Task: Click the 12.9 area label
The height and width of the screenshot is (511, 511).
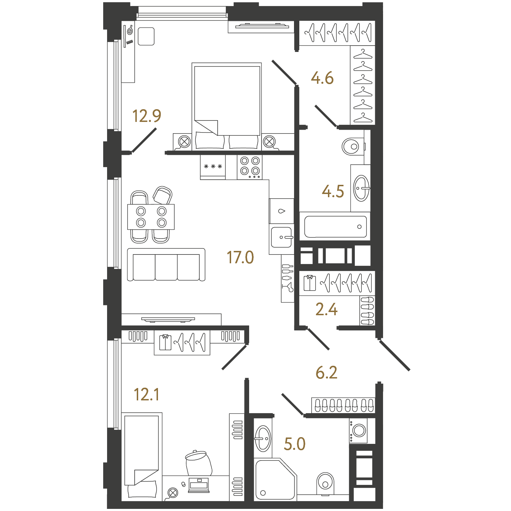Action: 147,116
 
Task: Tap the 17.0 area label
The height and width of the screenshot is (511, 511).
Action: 240,257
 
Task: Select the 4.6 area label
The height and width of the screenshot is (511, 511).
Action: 322,78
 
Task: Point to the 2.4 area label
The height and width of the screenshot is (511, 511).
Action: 327,309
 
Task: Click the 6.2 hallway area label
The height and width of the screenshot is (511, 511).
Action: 327,372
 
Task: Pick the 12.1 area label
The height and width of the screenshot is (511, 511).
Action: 147,394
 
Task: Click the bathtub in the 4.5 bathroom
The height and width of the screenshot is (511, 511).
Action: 335,227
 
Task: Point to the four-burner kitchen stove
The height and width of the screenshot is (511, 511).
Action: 249,167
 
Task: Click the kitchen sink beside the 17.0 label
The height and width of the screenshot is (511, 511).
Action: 282,237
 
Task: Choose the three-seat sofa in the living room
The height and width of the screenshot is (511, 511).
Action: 166,264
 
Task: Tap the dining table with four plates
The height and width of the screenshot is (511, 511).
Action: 151,217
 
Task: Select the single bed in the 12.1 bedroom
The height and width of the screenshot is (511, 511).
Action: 142,457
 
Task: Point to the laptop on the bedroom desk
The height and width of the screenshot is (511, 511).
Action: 199,485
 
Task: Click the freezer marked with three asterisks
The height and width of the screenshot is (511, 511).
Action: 213,167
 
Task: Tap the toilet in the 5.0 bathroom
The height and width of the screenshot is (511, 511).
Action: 325,484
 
